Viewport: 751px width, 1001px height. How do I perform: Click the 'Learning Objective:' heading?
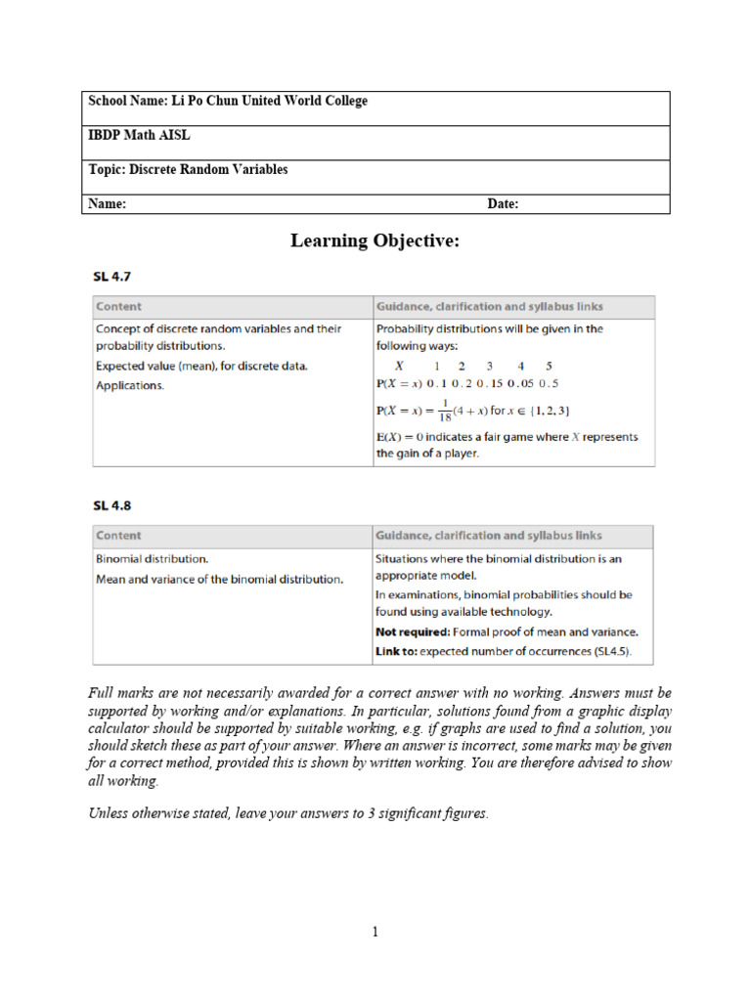[375, 240]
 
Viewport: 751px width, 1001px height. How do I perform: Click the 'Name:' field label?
[108, 204]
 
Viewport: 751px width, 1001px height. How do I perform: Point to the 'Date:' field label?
[503, 204]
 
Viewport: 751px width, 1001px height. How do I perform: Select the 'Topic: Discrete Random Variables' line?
[188, 169]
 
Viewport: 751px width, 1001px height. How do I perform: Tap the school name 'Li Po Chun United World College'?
[270, 101]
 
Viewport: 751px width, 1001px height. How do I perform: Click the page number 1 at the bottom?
[375, 933]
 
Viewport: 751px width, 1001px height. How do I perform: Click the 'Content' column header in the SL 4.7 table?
[118, 306]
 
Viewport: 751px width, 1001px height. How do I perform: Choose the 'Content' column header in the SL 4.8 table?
[118, 536]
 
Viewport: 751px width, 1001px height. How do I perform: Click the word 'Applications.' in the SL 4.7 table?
[130, 385]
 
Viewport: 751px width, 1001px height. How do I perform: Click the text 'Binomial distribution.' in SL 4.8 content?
[152, 559]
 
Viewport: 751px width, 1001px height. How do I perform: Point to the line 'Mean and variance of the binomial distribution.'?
[219, 579]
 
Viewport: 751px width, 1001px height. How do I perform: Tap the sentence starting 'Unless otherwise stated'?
[287, 813]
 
